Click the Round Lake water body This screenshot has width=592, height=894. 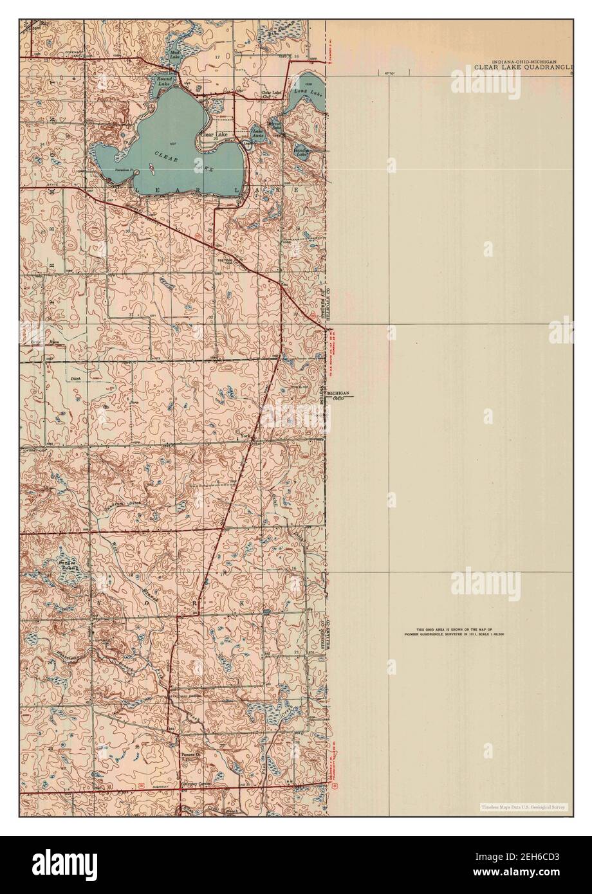163,81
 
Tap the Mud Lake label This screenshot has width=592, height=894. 174,55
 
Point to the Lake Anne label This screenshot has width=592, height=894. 258,134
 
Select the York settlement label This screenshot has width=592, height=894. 245,435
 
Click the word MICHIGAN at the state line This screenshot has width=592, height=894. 338,392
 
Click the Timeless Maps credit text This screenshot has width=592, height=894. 523,807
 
